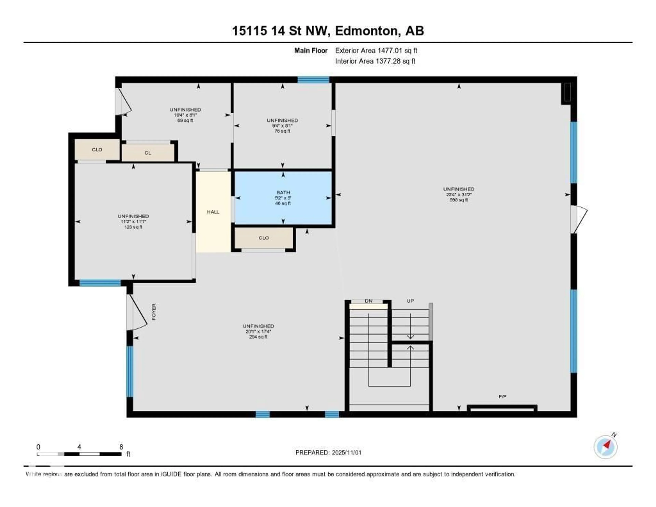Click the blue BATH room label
point(283,192)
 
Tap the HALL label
point(213,212)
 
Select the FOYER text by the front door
point(154,312)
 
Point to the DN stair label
point(368,301)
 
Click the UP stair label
point(410,301)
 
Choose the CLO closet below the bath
point(263,238)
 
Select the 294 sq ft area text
point(258,337)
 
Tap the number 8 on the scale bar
point(121,447)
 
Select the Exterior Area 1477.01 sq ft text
point(376,50)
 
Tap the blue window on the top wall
point(313,80)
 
